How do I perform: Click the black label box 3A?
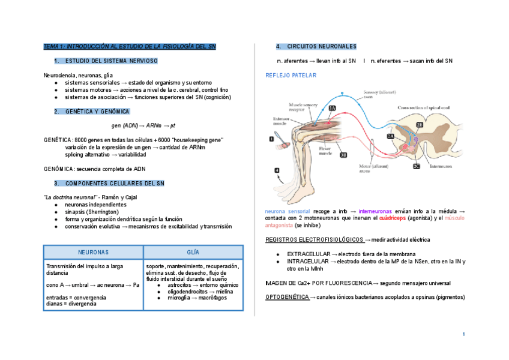pos(332,108)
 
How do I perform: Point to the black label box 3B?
pos(343,154)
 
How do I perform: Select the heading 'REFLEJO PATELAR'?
pos(291,76)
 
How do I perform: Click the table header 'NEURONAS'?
pos(94,253)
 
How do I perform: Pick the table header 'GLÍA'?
pos(193,253)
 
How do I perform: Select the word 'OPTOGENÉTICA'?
pos(285,297)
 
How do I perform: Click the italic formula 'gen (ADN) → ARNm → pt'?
pos(143,126)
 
